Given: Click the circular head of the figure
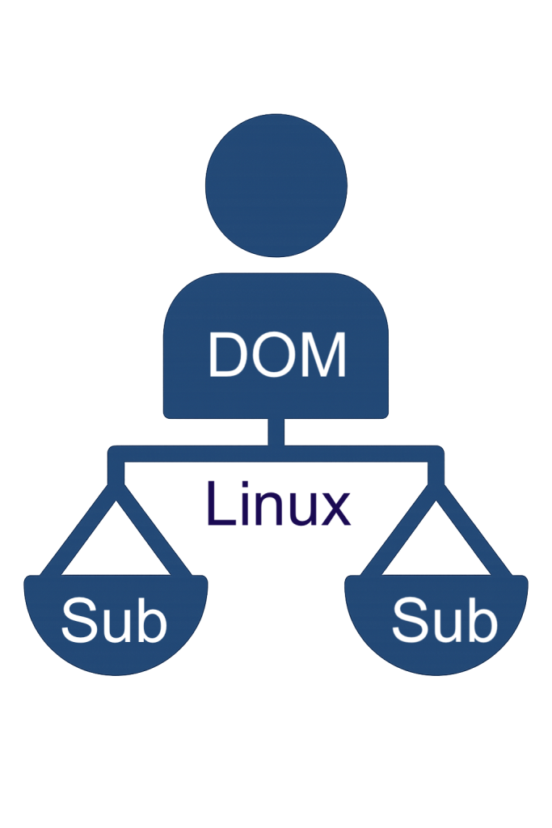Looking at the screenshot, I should [276, 185].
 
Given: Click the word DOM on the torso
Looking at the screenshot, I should [277, 355].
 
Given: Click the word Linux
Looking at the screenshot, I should [279, 505].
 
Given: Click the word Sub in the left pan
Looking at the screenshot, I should [114, 621].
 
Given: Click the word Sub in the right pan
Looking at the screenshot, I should [445, 621].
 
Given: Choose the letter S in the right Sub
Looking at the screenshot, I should [410, 621].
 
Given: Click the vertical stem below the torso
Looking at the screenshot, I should [276, 432].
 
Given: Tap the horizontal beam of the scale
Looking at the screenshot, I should [194, 454].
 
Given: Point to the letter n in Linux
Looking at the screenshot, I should [268, 510].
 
